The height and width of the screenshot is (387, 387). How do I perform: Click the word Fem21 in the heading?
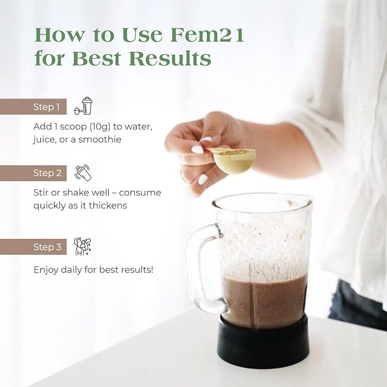click(207, 35)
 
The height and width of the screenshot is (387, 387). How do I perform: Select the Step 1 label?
click(46, 107)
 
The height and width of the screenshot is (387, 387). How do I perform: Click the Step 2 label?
click(47, 173)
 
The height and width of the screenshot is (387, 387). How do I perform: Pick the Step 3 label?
click(47, 247)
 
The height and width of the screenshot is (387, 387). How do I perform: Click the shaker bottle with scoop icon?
click(83, 105)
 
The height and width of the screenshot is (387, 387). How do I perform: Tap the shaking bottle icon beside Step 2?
click(83, 172)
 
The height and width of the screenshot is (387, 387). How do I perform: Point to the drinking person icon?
click(83, 246)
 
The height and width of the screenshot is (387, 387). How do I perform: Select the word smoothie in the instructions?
click(100, 140)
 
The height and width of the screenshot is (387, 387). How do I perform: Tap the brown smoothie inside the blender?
click(264, 300)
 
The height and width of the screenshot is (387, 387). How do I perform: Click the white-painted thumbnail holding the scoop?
click(197, 149)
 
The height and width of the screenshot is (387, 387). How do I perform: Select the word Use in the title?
click(142, 35)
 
